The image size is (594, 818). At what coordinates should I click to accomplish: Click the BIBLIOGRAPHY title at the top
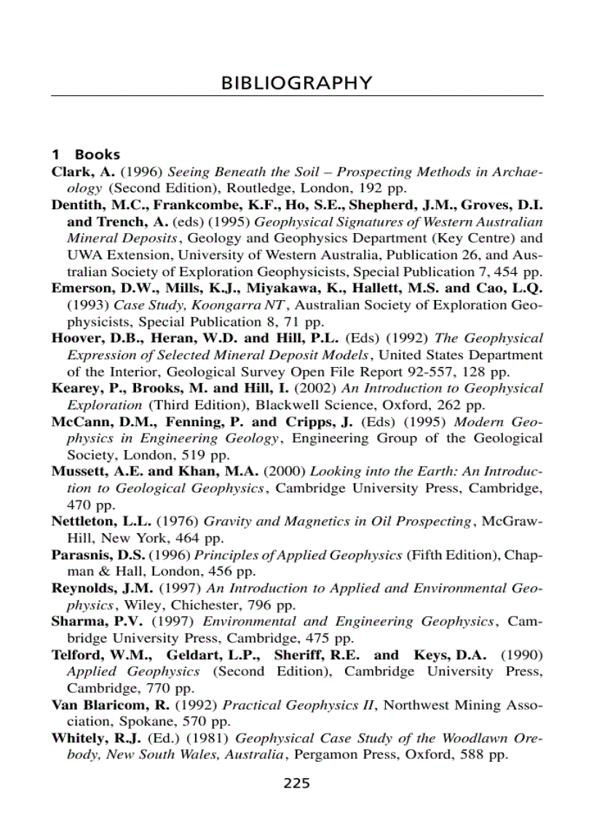[296, 82]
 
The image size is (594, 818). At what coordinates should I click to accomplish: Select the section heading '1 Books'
[85, 154]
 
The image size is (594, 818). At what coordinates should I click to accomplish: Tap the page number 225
[296, 784]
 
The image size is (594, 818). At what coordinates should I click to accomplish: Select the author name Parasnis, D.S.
[100, 554]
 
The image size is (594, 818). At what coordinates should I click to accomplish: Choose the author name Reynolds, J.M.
[103, 588]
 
